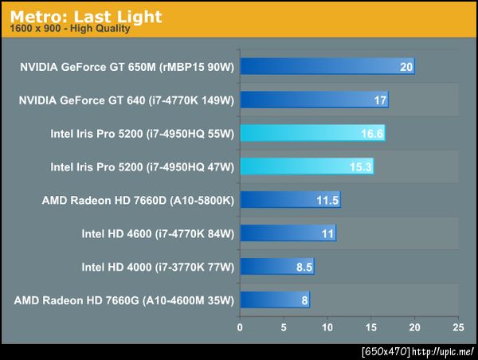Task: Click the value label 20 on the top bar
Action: pyautogui.click(x=406, y=67)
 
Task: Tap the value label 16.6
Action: pyautogui.click(x=372, y=134)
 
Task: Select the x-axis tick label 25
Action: pyautogui.click(x=457, y=327)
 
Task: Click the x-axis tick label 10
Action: pyautogui.click(x=327, y=327)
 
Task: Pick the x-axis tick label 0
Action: pyautogui.click(x=240, y=327)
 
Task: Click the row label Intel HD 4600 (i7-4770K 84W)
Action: pyautogui.click(x=157, y=233)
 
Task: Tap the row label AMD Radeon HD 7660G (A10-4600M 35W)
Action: pyautogui.click(x=124, y=300)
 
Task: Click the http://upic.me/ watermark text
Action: pyautogui.click(x=445, y=351)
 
